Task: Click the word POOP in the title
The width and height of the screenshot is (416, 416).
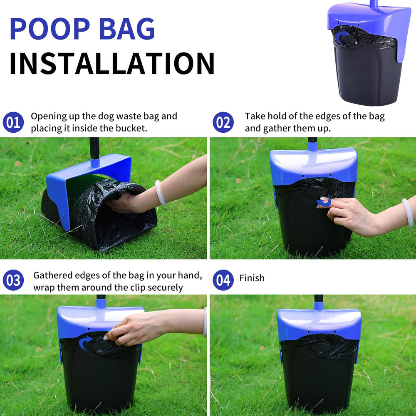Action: pyautogui.click(x=50, y=29)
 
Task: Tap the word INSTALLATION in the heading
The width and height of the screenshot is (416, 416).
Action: pyautogui.click(x=111, y=64)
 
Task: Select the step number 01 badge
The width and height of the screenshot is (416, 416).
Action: pyautogui.click(x=13, y=122)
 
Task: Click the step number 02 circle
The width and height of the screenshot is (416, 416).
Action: pyautogui.click(x=223, y=122)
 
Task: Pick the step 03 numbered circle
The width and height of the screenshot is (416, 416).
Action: pyautogui.click(x=13, y=280)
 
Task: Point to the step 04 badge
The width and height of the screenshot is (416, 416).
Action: pyautogui.click(x=223, y=280)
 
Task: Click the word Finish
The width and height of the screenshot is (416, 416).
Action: pyautogui.click(x=252, y=278)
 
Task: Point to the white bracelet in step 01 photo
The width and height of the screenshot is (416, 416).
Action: pyautogui.click(x=160, y=193)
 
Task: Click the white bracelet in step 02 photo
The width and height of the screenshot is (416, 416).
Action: pyautogui.click(x=408, y=213)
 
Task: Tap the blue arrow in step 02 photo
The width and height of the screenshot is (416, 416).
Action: pyautogui.click(x=324, y=202)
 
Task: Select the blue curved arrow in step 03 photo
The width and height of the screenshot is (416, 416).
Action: pyautogui.click(x=84, y=343)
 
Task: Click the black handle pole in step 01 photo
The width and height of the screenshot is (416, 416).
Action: pyautogui.click(x=94, y=148)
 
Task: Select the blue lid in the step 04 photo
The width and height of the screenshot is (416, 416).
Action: pyautogui.click(x=319, y=324)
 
